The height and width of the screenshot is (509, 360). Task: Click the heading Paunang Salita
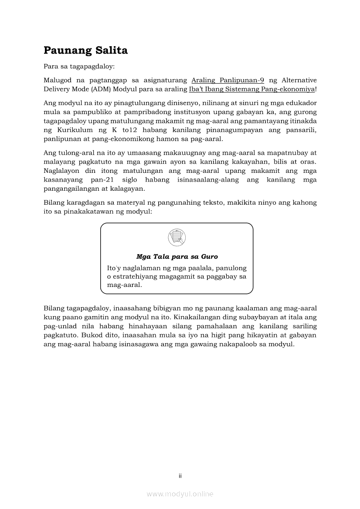coord(85,51)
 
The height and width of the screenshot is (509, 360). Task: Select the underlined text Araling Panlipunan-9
coord(228,81)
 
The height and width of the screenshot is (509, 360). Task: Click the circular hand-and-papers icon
coord(177,238)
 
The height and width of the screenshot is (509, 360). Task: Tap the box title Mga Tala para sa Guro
coord(177,257)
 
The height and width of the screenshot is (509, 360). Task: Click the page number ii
coord(180,476)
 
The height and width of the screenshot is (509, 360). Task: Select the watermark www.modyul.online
coord(180,494)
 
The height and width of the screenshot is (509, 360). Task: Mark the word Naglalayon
coord(62,171)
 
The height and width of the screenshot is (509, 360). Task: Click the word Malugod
coord(57,81)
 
